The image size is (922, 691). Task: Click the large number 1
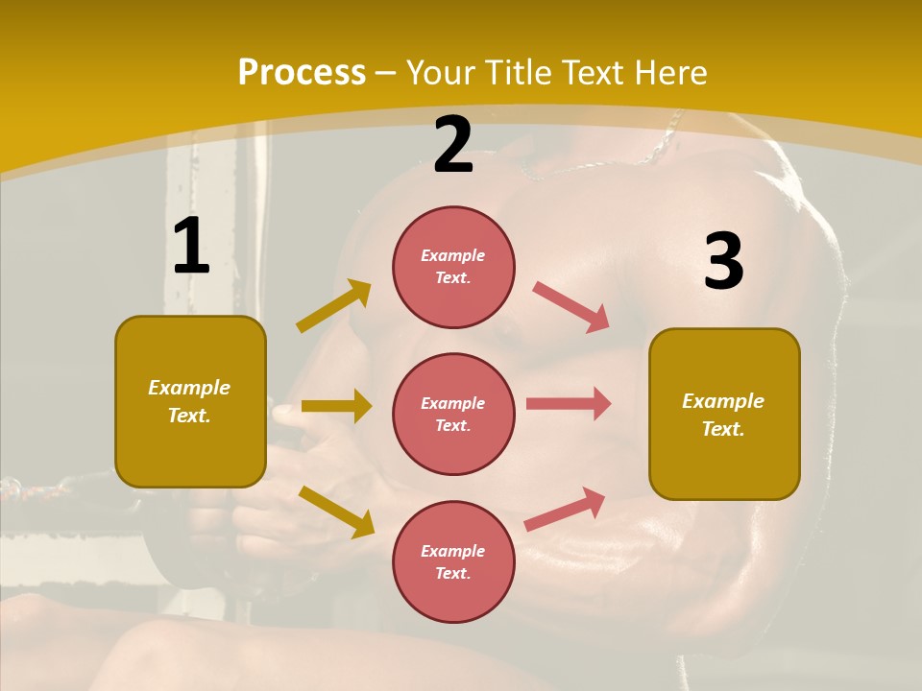pyautogui.click(x=191, y=246)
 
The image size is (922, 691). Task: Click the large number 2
pyautogui.click(x=453, y=145)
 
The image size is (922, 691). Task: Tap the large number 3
pyautogui.click(x=723, y=261)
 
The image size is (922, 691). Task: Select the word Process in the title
pyautogui.click(x=302, y=72)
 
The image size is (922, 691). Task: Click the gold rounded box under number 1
pyautogui.click(x=190, y=401)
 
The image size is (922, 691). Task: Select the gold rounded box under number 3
pyautogui.click(x=724, y=414)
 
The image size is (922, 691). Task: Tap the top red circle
pyautogui.click(x=453, y=267)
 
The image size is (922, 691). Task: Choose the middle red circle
pyautogui.click(x=453, y=414)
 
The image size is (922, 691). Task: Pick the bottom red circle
pyautogui.click(x=453, y=561)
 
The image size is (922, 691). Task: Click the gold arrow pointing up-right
pyautogui.click(x=334, y=306)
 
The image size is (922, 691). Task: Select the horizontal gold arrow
pyautogui.click(x=336, y=406)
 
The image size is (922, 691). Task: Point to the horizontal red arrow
pyautogui.click(x=569, y=403)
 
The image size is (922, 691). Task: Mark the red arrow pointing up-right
pyautogui.click(x=566, y=509)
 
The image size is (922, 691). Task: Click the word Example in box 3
pyautogui.click(x=723, y=401)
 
